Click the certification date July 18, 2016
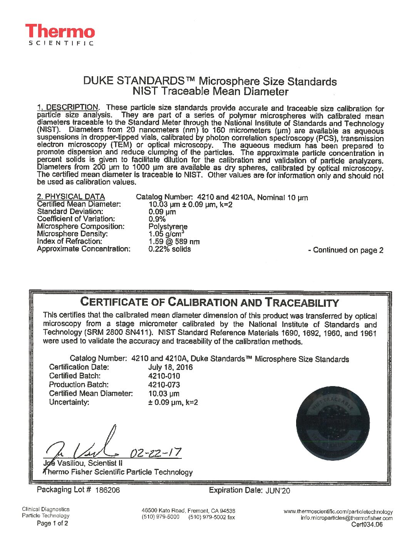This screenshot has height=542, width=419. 170,367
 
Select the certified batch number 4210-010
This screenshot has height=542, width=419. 164,376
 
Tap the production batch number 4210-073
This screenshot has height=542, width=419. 164,385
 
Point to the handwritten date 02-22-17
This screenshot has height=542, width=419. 156,452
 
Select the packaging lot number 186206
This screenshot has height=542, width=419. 107,490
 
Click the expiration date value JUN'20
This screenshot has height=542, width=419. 278,490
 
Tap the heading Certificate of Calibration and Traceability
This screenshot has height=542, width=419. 209,303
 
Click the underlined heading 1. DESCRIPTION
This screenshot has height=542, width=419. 68,107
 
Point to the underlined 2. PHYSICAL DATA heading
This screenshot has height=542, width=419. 71,197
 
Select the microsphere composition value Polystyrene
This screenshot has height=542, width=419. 168,227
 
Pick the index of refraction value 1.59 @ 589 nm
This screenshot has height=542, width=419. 174,242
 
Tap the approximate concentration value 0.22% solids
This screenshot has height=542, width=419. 169,249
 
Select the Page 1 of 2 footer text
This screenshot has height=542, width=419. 52,524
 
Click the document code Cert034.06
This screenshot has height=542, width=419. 367,525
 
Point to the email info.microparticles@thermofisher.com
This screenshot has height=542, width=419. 347,518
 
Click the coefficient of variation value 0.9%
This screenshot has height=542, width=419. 157,219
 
